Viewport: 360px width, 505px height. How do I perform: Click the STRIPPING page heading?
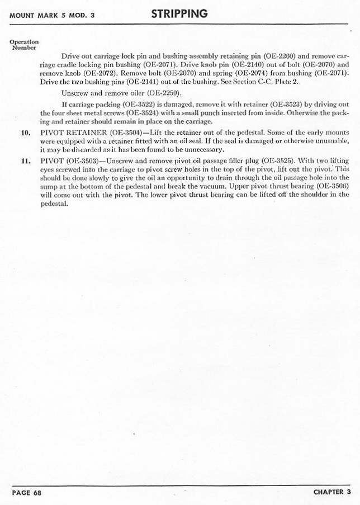(179, 13)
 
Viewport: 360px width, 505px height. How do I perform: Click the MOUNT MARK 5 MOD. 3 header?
(52, 15)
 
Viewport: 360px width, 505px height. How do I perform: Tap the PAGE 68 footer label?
(27, 493)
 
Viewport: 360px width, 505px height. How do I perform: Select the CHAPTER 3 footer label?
(332, 492)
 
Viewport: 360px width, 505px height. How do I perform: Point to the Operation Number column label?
(24, 45)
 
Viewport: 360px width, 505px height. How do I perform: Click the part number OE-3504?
(129, 133)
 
